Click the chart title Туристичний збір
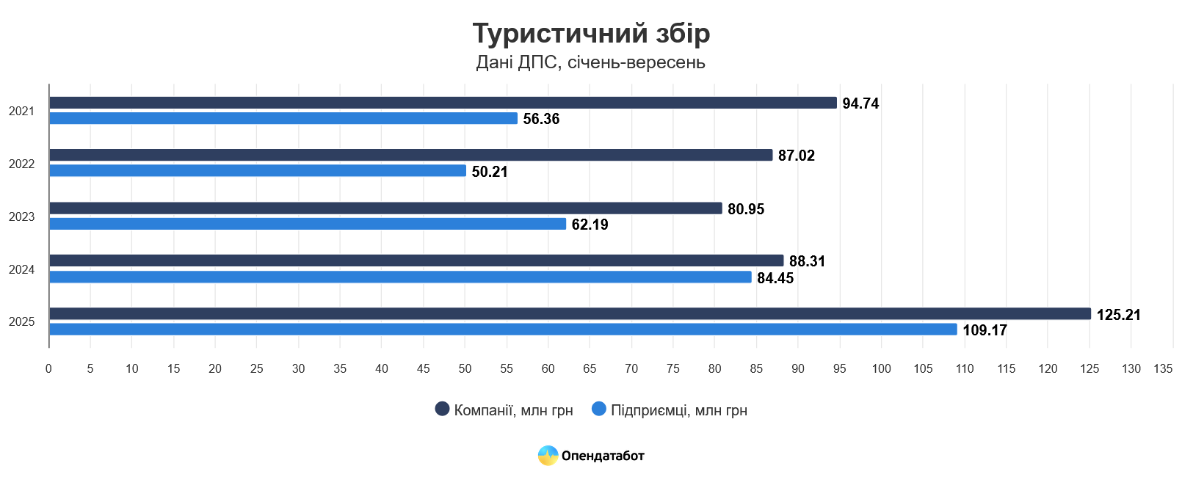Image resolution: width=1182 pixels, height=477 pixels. [x=591, y=34]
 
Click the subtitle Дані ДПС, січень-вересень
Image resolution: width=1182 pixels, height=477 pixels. [x=590, y=62]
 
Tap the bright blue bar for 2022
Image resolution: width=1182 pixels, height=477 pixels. [x=257, y=171]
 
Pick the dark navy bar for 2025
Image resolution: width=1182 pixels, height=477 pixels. [x=570, y=313]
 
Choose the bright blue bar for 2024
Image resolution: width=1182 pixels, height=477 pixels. [x=400, y=277]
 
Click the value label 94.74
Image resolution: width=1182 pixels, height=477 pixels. [x=860, y=103]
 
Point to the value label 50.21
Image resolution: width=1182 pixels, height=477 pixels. [x=490, y=172]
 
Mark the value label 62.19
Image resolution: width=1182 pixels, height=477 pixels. [x=590, y=225]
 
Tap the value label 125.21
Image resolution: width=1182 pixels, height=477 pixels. [x=1118, y=315]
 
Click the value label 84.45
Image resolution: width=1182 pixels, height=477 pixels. [x=775, y=278]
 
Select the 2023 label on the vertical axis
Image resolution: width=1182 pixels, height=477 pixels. [x=22, y=216]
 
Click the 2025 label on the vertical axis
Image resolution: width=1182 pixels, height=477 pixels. [x=22, y=321]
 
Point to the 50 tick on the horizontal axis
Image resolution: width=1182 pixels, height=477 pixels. [x=465, y=368]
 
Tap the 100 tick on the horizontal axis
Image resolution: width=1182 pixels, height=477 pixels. [x=881, y=368]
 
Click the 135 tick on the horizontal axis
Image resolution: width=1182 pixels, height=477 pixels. [x=1163, y=368]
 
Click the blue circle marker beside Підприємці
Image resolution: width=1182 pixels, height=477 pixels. [x=599, y=409]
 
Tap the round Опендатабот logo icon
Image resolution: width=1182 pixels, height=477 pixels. [x=548, y=456]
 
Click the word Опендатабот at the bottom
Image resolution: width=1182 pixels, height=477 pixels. [x=603, y=456]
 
